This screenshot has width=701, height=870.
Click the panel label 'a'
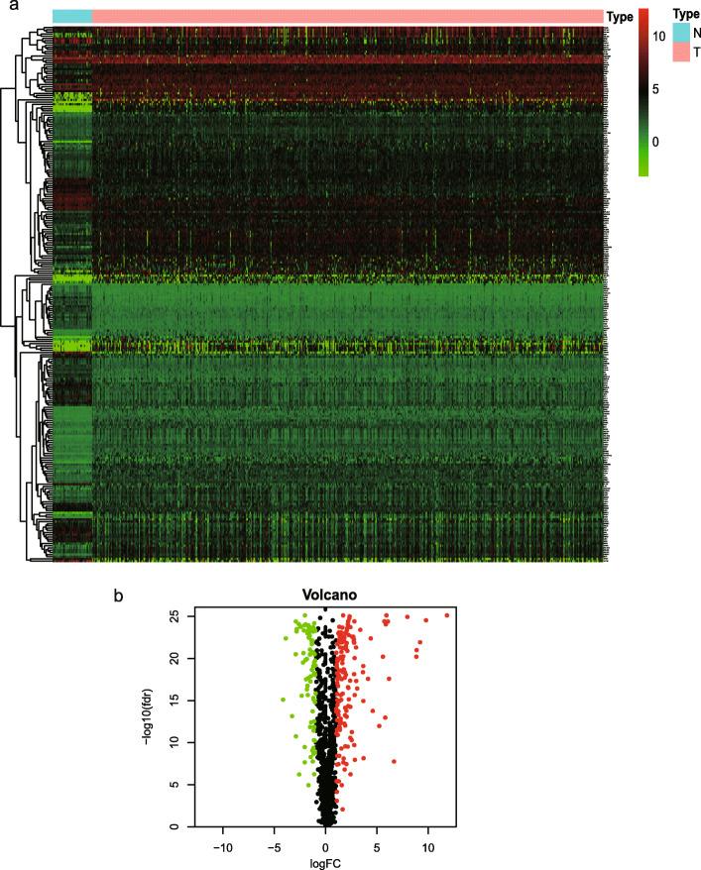point(12,6)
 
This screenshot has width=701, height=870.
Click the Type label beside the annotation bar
point(620,16)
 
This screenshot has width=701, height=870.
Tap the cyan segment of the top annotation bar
point(71,16)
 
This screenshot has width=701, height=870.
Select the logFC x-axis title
point(325,863)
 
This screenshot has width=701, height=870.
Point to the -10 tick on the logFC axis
point(222,847)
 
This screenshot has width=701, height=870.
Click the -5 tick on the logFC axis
point(274,847)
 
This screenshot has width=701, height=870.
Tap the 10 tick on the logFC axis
point(427,847)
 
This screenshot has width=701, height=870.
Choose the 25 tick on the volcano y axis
point(180,615)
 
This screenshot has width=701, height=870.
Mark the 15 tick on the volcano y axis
point(180,700)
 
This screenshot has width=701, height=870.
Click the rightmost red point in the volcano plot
point(447,615)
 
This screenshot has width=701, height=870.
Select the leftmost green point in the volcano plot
point(282,700)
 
